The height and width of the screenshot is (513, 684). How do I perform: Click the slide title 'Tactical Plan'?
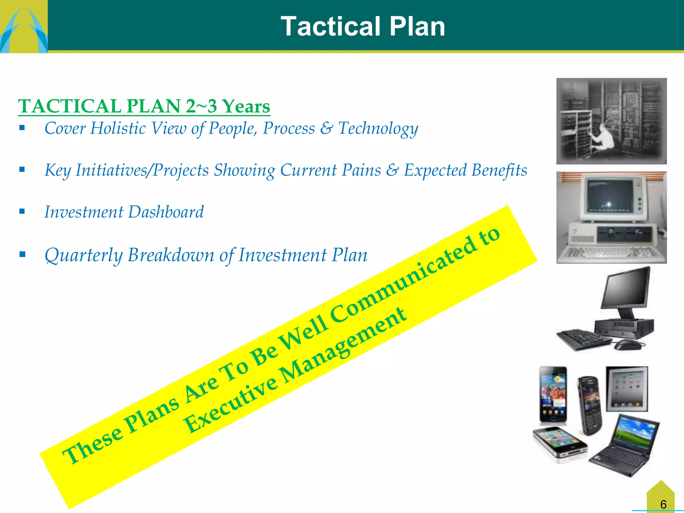pyautogui.click(x=363, y=27)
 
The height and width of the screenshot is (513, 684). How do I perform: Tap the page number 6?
pyautogui.click(x=663, y=504)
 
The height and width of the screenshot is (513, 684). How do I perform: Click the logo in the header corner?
pyautogui.click(x=23, y=27)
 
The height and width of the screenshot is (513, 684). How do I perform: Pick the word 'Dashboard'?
pyautogui.click(x=166, y=212)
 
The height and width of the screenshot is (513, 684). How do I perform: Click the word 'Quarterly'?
pyautogui.click(x=84, y=255)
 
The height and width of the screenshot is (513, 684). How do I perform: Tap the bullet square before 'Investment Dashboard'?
pyautogui.click(x=22, y=211)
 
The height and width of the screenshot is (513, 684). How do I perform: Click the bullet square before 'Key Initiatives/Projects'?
pyautogui.click(x=22, y=169)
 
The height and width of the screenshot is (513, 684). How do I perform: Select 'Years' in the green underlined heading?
pyautogui.click(x=246, y=106)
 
